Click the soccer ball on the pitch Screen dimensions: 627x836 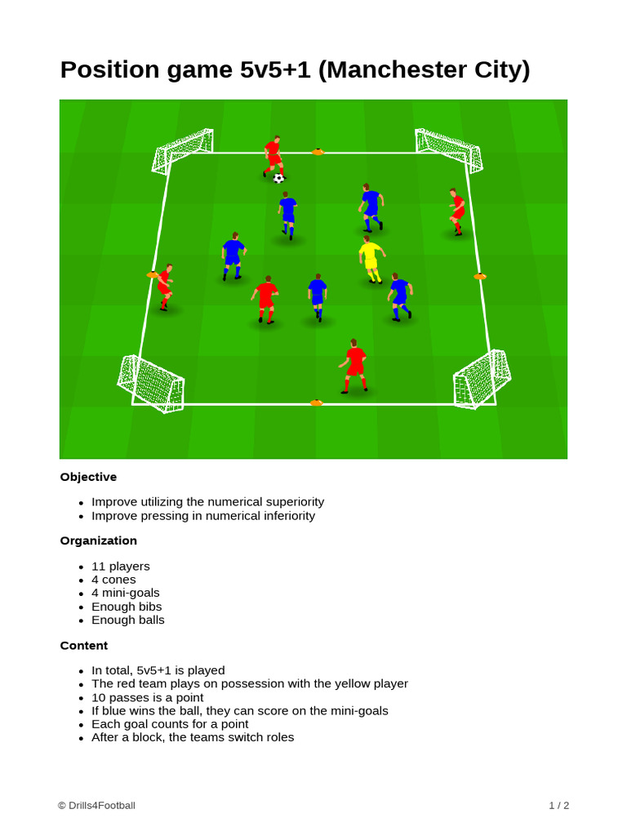tap(279, 178)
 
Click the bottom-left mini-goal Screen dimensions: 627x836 tap(151, 383)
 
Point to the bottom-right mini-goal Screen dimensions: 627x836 tap(482, 379)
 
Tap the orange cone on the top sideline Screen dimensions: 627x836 tap(318, 152)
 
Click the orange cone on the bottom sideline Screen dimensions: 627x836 tap(316, 402)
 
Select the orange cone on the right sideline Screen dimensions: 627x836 tap(480, 277)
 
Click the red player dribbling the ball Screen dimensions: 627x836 tap(273, 156)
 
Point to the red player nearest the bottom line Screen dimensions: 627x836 tap(354, 366)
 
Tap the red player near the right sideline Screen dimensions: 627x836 tap(457, 211)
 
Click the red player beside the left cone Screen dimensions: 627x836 tap(165, 287)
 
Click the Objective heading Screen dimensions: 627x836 tap(88, 477)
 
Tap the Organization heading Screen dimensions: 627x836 tap(98, 540)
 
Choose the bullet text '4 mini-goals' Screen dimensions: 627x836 tap(126, 593)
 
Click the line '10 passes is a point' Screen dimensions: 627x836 tap(148, 697)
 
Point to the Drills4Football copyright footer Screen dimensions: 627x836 tap(96, 805)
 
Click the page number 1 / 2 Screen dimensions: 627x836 tap(558, 805)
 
